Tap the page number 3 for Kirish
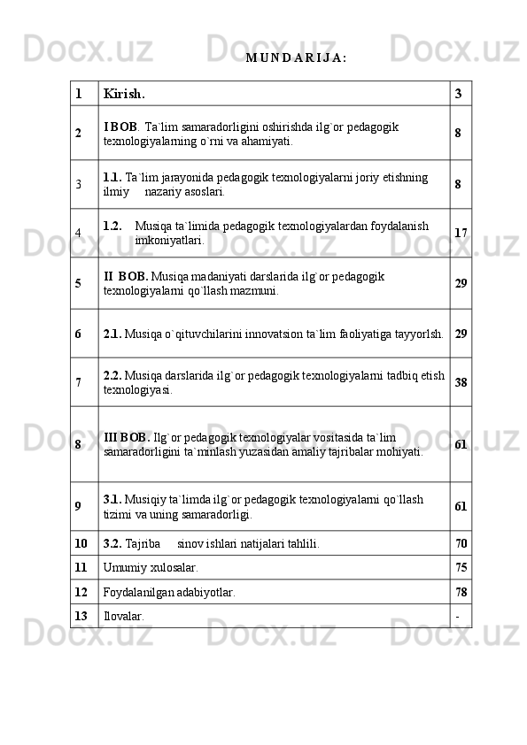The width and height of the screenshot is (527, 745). (458, 93)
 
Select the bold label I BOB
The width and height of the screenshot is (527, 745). (120, 127)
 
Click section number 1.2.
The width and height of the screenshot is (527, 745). (112, 226)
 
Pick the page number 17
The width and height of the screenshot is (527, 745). (461, 233)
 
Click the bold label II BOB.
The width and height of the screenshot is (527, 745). (126, 276)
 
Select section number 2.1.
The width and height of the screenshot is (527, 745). (112, 334)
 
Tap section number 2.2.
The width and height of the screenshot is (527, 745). (112, 375)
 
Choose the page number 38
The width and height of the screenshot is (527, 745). (461, 382)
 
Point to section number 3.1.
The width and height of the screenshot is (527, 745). (112, 498)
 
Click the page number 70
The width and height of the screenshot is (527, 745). (461, 541)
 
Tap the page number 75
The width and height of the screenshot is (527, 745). (461, 566)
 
